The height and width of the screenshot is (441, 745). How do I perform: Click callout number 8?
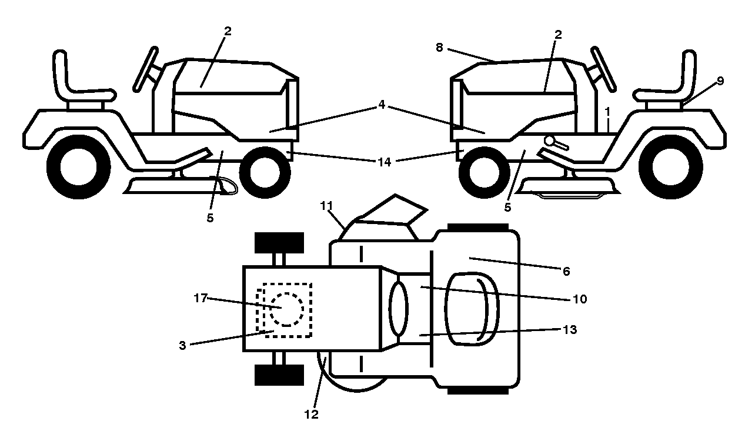(x=439, y=48)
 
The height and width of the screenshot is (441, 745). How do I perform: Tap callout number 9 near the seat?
(x=720, y=81)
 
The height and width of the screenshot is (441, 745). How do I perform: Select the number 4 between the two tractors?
(x=382, y=105)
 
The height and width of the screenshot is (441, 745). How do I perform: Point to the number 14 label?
(x=385, y=162)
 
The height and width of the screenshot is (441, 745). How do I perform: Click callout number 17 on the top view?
(x=201, y=298)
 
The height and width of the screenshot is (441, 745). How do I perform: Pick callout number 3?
(x=182, y=345)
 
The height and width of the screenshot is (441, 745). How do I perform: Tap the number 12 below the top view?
(x=311, y=414)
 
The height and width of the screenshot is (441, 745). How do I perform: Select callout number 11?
(x=326, y=206)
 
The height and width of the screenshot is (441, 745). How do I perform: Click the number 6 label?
(x=566, y=272)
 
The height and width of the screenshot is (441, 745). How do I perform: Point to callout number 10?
(x=580, y=299)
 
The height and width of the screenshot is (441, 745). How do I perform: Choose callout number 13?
(x=570, y=329)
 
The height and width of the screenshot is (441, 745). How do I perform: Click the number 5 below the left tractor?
(x=210, y=218)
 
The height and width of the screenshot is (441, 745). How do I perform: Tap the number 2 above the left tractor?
(x=228, y=31)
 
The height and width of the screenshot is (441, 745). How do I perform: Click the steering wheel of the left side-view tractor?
(x=145, y=69)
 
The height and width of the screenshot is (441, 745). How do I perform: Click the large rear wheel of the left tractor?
(x=79, y=166)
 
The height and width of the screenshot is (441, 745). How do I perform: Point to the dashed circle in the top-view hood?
(x=286, y=309)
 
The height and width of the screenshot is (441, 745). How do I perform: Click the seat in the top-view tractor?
(x=471, y=309)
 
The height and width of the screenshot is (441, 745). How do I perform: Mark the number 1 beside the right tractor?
(x=607, y=112)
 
